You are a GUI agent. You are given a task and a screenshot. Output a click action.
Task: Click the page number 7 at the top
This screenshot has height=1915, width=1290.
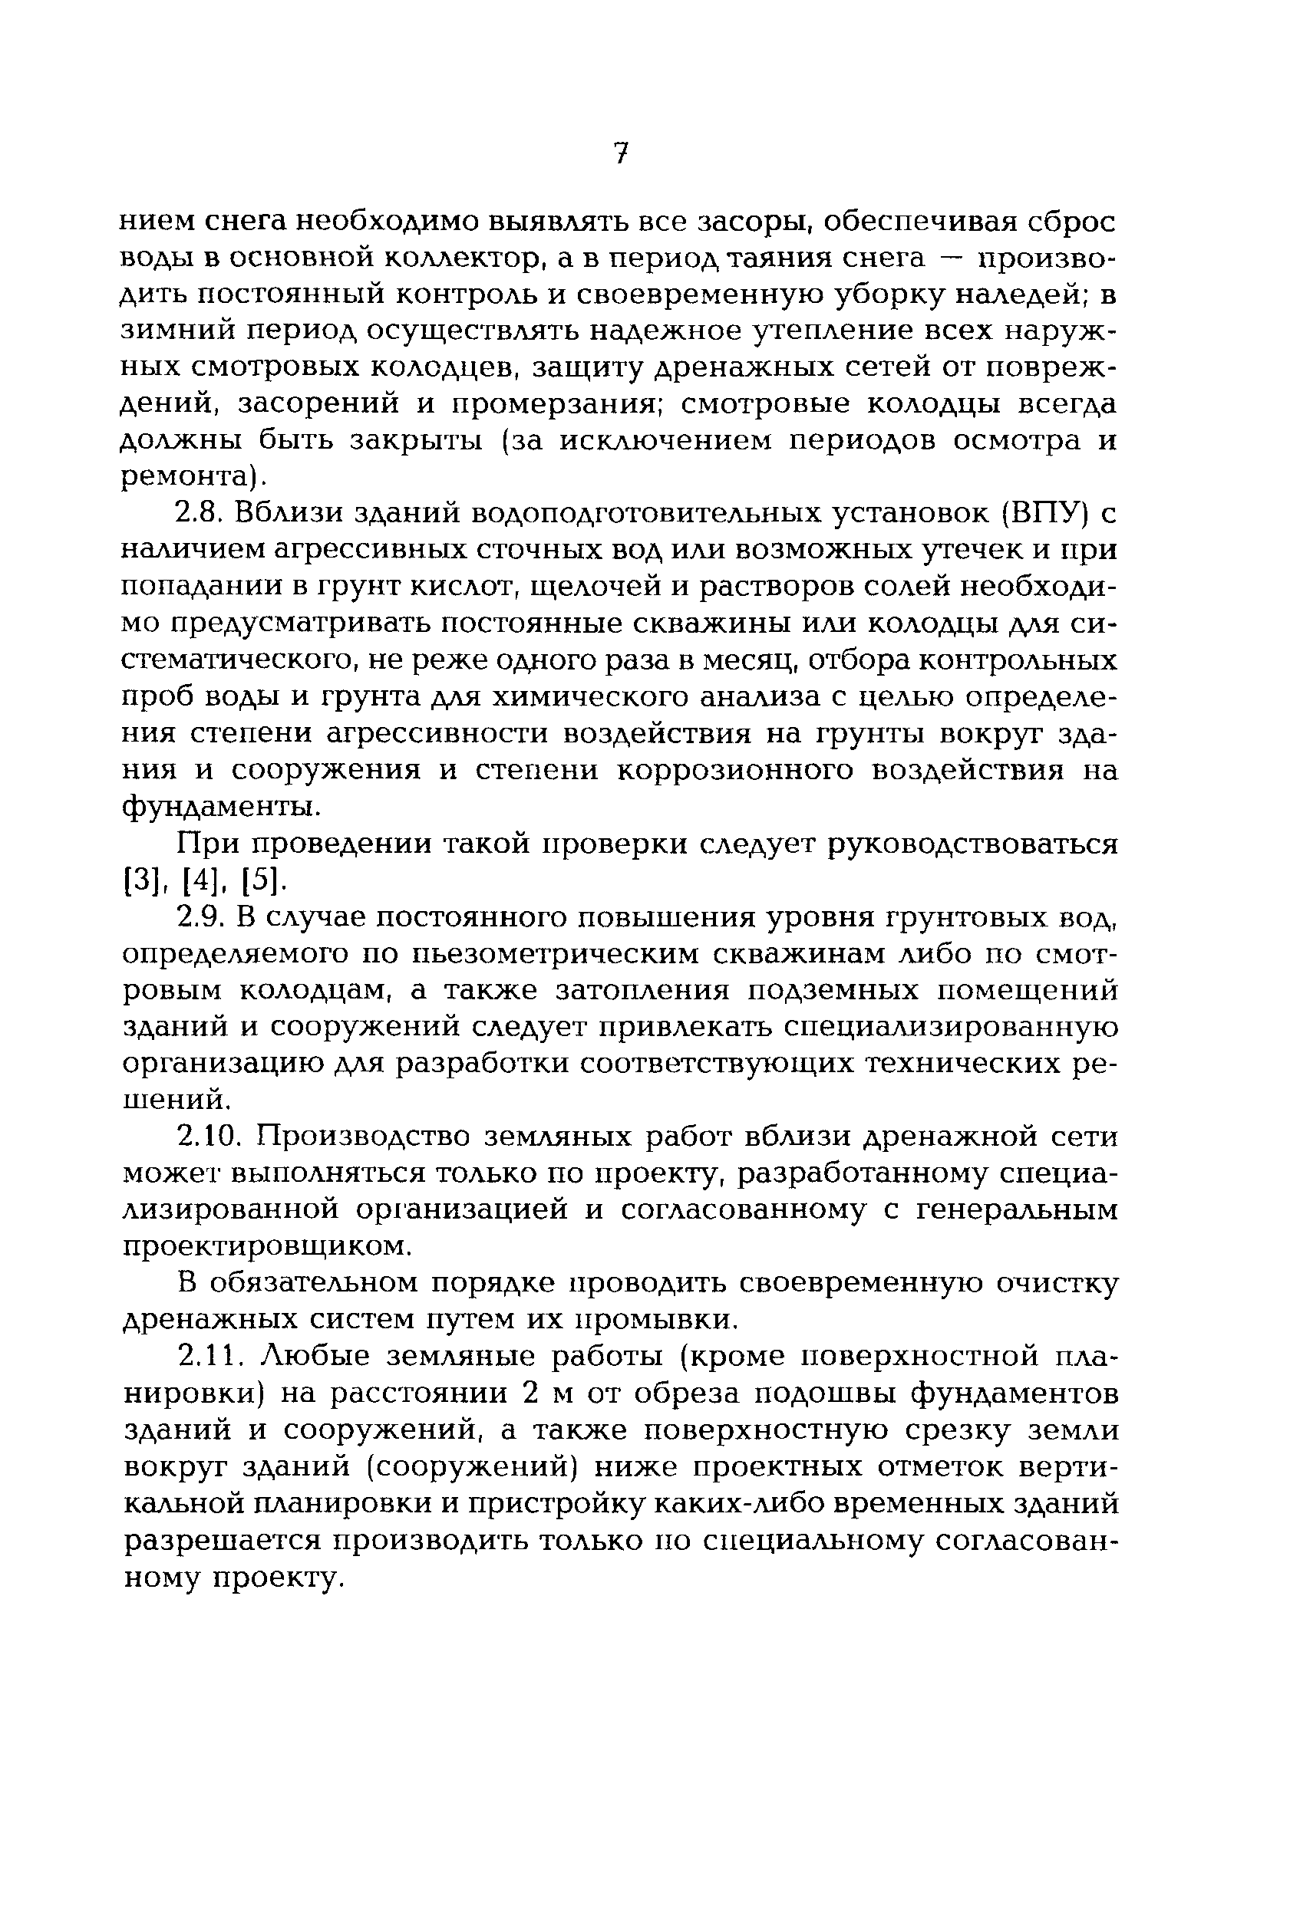621,153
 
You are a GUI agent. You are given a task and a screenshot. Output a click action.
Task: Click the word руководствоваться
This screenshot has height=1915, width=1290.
972,844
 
